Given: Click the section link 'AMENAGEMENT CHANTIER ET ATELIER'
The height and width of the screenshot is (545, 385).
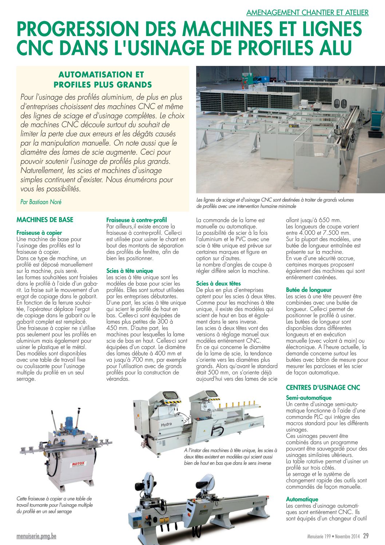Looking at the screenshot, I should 307,12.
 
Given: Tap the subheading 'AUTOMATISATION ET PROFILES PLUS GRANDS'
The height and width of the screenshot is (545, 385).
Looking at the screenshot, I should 103,79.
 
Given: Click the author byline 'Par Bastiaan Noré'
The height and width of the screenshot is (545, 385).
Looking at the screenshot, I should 41,202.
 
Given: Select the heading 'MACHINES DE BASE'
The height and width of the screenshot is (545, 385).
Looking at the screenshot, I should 45,220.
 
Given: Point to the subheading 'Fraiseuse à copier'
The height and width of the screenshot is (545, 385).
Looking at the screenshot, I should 39,232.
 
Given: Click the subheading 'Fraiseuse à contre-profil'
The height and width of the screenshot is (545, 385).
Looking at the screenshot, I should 136,220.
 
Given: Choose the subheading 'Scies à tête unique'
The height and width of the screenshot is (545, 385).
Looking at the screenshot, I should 130,271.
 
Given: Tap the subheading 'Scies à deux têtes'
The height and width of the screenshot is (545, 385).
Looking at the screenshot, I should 218,283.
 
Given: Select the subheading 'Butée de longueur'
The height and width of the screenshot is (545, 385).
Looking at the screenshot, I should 309,290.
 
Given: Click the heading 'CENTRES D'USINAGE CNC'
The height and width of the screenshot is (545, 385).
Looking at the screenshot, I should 323,387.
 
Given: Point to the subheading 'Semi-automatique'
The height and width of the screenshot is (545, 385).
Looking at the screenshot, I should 309,398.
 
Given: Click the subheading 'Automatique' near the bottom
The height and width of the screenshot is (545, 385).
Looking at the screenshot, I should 302,499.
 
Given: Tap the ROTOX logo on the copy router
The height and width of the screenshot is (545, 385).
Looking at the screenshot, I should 79,464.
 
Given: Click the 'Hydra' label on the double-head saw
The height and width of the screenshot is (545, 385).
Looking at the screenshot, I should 166,424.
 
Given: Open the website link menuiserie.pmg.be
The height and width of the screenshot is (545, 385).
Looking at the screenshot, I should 36,536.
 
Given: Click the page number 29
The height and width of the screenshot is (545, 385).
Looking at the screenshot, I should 365,536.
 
